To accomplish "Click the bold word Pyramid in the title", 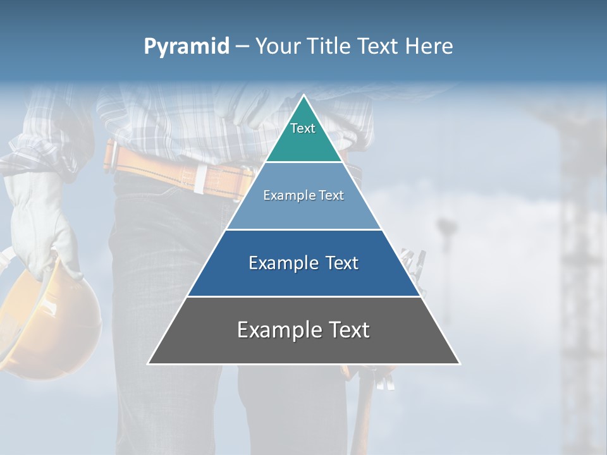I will coord(186,47).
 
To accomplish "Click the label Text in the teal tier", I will coord(303,128).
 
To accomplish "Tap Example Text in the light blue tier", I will coord(303,195).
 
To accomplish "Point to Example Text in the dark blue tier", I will coord(303,263).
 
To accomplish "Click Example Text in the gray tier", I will coord(303,330).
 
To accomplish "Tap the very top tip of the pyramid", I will coord(303,97).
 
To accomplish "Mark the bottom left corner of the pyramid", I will coord(149,363).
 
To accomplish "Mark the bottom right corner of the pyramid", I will coord(459,363).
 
